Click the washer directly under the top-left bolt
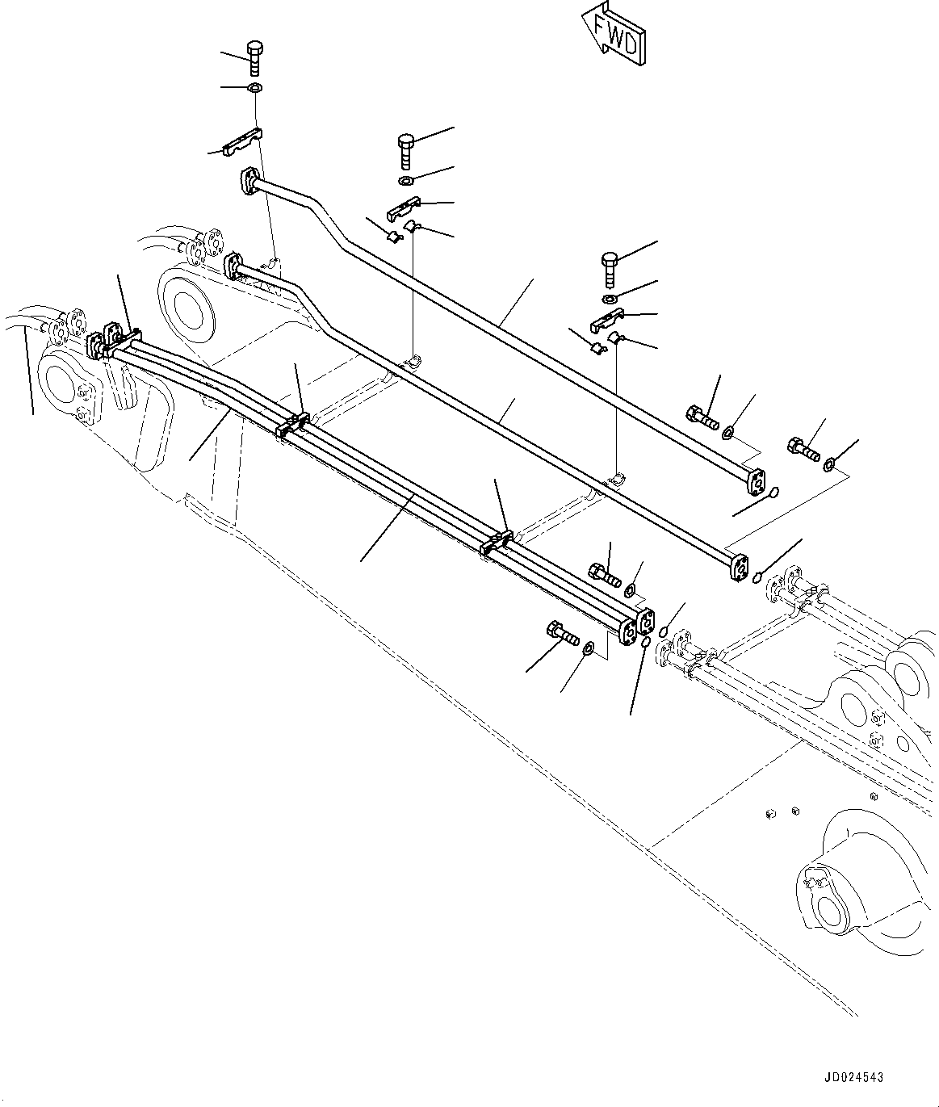[x=254, y=87]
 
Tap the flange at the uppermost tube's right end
[x=756, y=480]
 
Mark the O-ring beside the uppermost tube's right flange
[x=773, y=492]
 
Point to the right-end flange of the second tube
[x=737, y=565]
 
